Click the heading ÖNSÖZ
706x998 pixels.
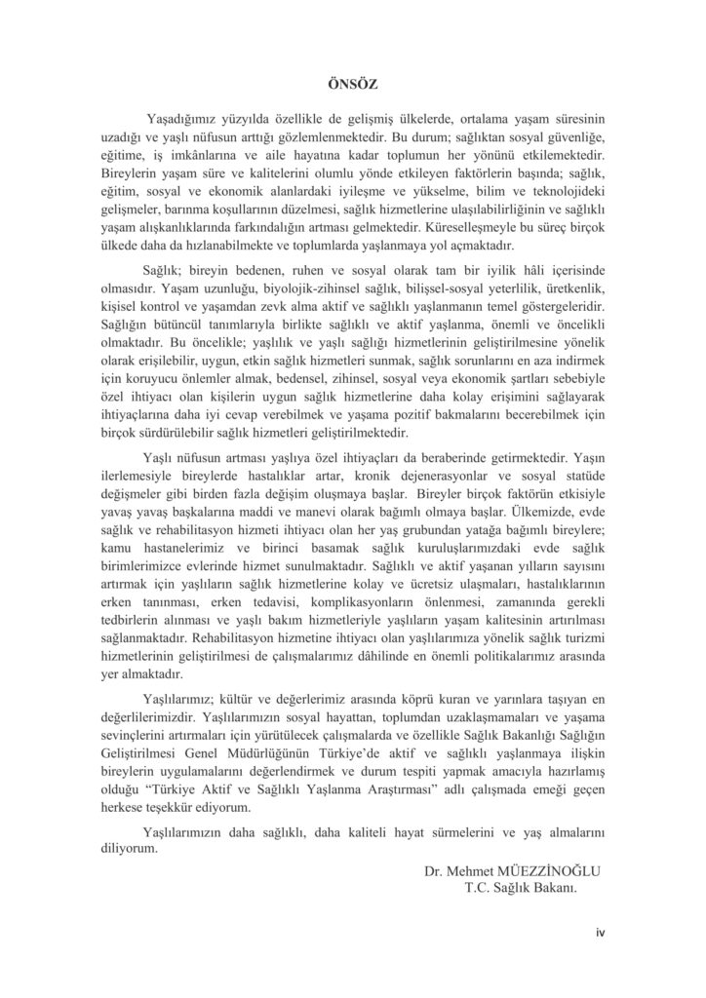coord(352,85)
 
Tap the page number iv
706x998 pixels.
coord(602,933)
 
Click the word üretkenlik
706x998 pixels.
coord(571,291)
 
